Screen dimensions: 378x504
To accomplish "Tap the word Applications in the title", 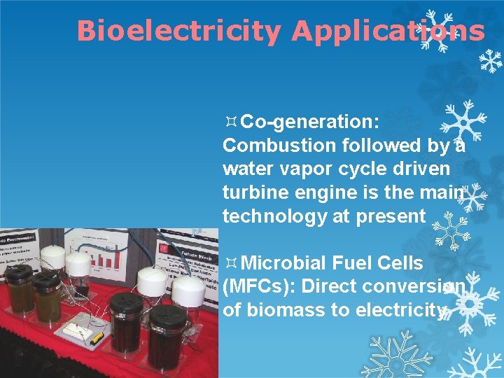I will click(388, 31).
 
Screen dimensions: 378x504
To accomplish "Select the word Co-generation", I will click(310, 122).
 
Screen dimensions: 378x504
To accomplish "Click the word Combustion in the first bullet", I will click(279, 145).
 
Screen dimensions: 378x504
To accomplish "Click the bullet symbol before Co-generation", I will click(230, 122).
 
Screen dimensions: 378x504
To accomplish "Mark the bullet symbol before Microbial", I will click(230, 263).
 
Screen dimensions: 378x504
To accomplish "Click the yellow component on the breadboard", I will click(97, 336).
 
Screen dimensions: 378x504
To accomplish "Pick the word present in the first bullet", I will click(390, 216).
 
